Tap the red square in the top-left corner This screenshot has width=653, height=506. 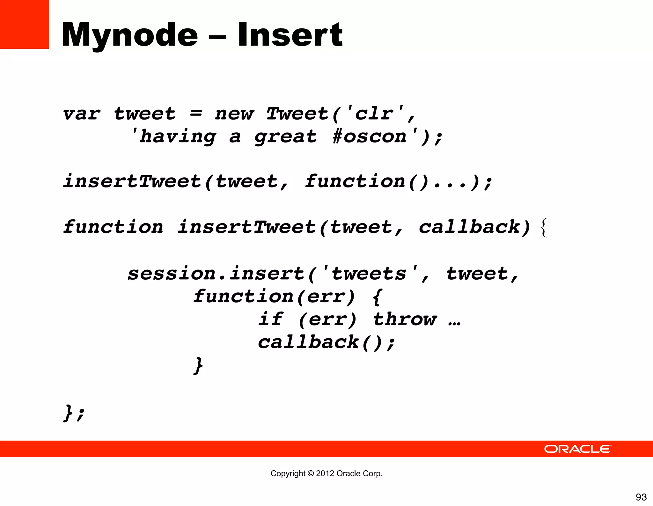click(x=24, y=24)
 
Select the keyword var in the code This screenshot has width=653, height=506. click(x=82, y=114)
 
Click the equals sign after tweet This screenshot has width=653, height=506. click(x=196, y=113)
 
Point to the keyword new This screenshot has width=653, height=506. click(x=234, y=114)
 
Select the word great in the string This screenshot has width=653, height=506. click(x=285, y=137)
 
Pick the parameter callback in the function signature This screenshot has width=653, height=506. click(x=470, y=227)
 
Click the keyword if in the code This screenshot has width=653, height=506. click(x=271, y=319)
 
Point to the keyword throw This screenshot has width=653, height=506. click(x=405, y=319)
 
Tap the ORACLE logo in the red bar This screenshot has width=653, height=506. click(x=577, y=449)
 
